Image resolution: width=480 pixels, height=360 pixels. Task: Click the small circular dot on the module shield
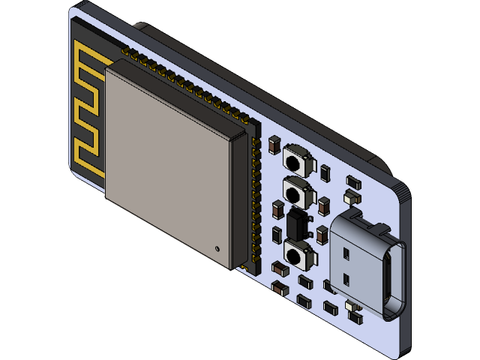point(217,247)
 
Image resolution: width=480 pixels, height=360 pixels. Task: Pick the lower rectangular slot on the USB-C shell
point(346,279)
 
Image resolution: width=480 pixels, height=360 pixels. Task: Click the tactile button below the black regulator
point(298,253)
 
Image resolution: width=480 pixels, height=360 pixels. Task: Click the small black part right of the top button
point(324,173)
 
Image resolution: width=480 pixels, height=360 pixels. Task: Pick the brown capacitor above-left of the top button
point(274,144)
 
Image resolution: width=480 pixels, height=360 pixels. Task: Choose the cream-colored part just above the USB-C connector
point(351,197)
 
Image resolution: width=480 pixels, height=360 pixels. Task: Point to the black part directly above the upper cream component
point(352,181)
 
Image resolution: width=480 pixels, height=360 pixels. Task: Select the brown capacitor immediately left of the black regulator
point(277,210)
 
